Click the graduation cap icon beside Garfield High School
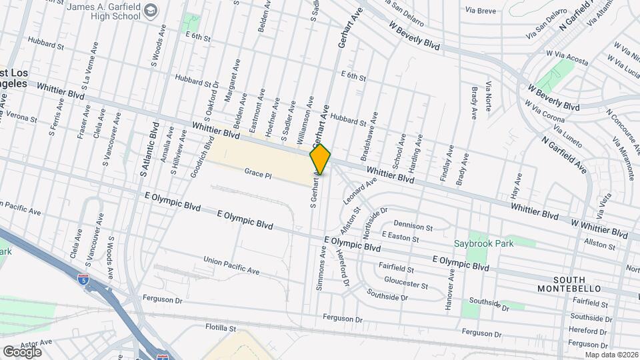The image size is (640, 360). click(x=151, y=10)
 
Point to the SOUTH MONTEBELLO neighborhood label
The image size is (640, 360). click(x=569, y=284)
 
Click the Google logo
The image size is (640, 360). click(x=22, y=351)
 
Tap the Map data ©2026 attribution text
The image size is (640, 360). click(x=609, y=354)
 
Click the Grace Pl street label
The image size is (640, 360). click(x=258, y=173)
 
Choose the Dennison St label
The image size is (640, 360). click(x=414, y=224)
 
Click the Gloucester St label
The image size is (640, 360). click(x=406, y=283)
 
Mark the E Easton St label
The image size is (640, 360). click(x=400, y=237)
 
